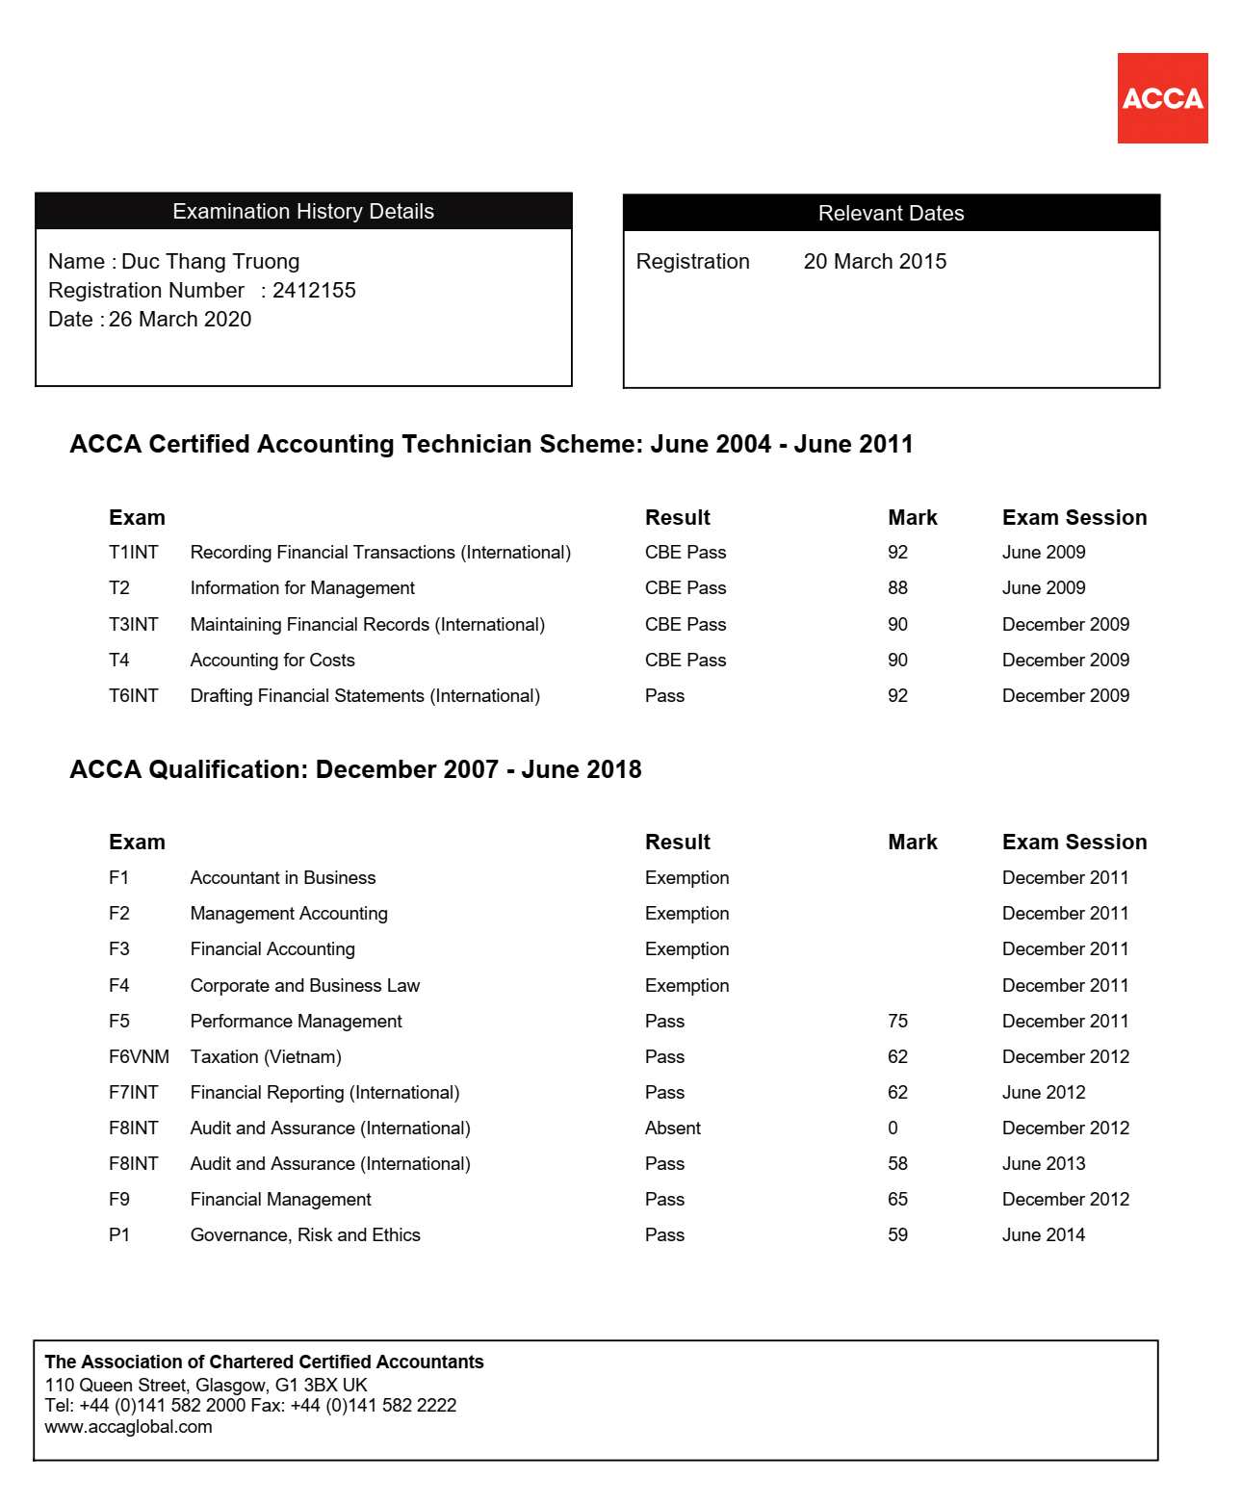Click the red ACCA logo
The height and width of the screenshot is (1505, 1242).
point(1162,98)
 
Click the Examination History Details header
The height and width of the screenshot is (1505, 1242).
point(303,212)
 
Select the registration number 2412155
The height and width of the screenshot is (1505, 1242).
point(314,291)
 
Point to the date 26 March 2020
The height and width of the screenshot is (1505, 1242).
point(180,320)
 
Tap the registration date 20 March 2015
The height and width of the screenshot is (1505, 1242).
point(874,262)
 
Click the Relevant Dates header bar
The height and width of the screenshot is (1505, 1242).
point(891,214)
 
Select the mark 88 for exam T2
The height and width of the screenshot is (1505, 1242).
point(897,588)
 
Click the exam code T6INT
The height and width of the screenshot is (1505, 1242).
point(133,696)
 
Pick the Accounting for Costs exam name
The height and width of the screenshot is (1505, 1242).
point(272,661)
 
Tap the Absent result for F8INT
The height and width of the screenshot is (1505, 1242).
point(672,1129)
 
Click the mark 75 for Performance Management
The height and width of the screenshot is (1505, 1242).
point(897,1022)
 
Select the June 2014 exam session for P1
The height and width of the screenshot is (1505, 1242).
point(1043,1235)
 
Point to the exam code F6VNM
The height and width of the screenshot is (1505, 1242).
point(139,1057)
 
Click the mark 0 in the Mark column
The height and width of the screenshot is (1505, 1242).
point(893,1129)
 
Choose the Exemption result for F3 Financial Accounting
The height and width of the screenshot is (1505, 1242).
point(686,949)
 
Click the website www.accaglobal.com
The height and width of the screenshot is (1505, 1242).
point(128,1427)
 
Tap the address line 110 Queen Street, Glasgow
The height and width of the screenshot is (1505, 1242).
point(206,1386)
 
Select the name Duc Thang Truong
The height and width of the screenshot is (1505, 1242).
point(210,262)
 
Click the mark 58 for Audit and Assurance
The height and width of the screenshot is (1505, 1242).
point(897,1164)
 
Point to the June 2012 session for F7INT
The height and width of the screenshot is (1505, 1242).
point(1043,1093)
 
